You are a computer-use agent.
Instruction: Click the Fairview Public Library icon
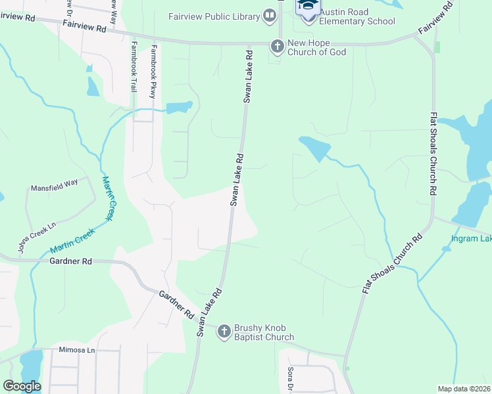pos(269,15)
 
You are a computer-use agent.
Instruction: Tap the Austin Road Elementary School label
pos(358,16)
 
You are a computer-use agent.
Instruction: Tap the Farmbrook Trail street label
pos(134,66)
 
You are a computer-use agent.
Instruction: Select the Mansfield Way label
pos(55,188)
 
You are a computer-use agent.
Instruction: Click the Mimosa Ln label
pos(77,350)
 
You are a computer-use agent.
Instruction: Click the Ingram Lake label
pos(471,238)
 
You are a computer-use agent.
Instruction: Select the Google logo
pos(22,386)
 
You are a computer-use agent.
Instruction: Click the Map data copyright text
pos(464,389)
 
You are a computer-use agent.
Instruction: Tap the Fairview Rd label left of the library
pos(85,28)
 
